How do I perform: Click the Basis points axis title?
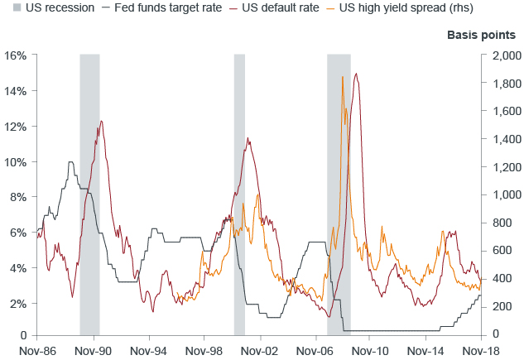[x=482, y=36]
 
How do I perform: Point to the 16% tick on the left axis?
[x=16, y=55]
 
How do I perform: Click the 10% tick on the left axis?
[x=16, y=161]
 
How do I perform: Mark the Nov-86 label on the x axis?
[x=37, y=350]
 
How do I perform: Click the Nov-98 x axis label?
[x=205, y=350]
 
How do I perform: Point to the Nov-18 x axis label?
[x=483, y=350]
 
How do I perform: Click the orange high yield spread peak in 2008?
[x=343, y=77]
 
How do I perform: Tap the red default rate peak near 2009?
[x=356, y=74]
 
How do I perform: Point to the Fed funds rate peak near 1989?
[x=70, y=163]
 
